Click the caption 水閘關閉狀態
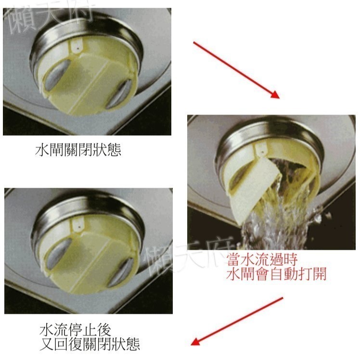(x=78, y=150)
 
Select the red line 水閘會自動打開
(x=278, y=275)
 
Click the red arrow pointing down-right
(x=236, y=70)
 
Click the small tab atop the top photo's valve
(x=76, y=47)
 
